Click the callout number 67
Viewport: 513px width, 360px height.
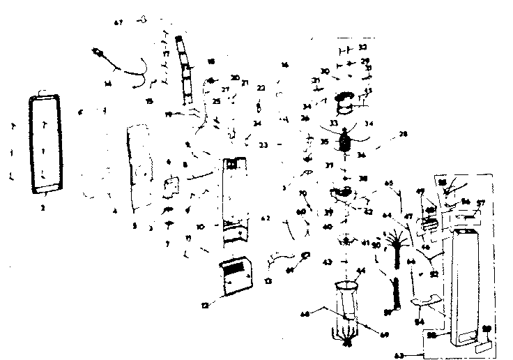[118, 22]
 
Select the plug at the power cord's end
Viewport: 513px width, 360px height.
[98, 52]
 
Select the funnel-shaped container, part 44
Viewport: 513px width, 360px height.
[346, 300]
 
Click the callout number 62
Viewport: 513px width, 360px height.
[266, 218]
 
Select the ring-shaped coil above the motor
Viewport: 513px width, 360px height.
[346, 103]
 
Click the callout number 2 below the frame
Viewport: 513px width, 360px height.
[44, 207]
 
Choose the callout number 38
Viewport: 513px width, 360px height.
[363, 179]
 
